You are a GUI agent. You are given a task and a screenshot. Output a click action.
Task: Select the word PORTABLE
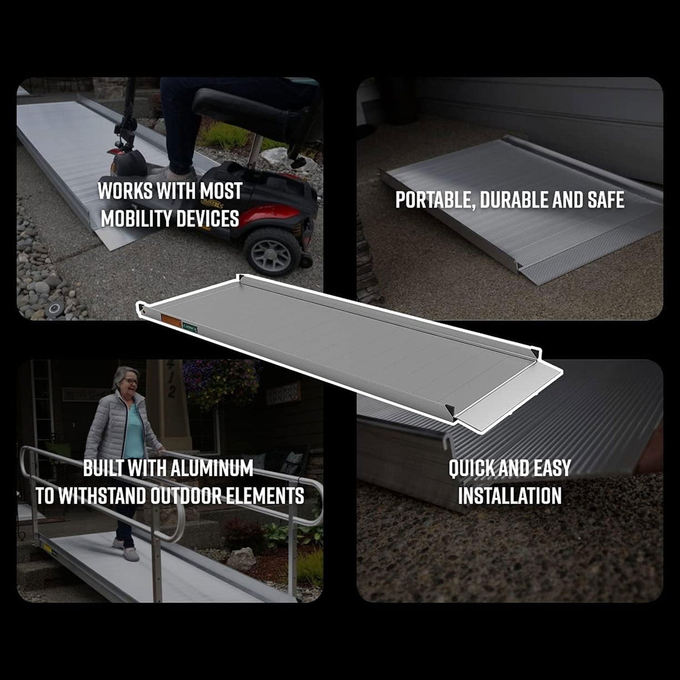click(430, 200)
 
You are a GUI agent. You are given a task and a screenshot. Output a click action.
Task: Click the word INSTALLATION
click(510, 496)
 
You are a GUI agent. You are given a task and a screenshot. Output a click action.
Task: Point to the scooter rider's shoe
click(181, 175)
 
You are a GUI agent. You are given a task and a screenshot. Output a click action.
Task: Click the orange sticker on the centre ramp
click(168, 319)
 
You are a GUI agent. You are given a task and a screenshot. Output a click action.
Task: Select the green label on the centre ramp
click(190, 324)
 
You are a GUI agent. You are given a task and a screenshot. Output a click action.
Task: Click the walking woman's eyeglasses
click(131, 381)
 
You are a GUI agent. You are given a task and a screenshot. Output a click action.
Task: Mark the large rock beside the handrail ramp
click(241, 559)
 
